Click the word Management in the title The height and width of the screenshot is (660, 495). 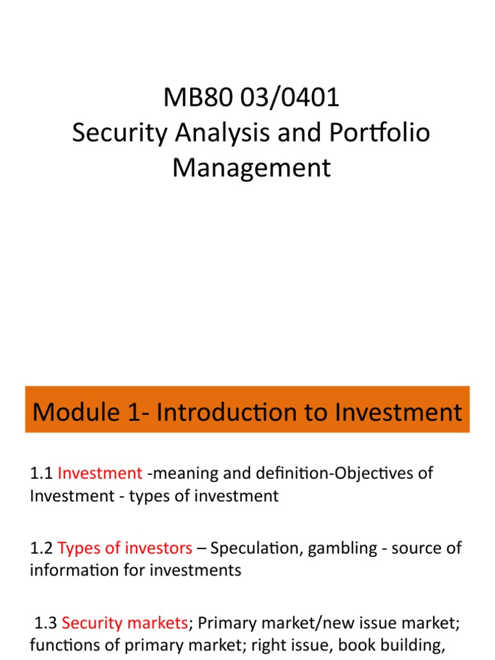251,168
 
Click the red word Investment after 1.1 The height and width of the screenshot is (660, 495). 100,473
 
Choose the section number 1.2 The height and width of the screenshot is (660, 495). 41,548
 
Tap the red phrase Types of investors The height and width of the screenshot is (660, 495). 125,548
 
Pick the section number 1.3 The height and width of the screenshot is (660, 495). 46,623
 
